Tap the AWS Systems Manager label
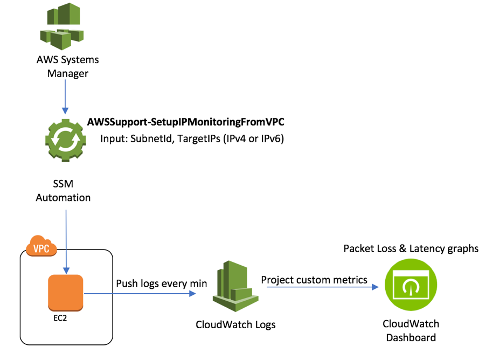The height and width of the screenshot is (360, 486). pyautogui.click(x=63, y=66)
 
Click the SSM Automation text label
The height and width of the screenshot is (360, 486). pyautogui.click(x=63, y=191)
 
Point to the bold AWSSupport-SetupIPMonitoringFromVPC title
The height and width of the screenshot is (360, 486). pyautogui.click(x=186, y=122)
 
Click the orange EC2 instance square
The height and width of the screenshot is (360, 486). pyautogui.click(x=65, y=293)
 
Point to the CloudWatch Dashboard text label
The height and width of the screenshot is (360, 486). pyautogui.click(x=411, y=331)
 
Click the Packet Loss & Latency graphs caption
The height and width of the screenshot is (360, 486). pyautogui.click(x=411, y=248)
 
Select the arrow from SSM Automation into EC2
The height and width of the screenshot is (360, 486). pyautogui.click(x=66, y=240)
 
